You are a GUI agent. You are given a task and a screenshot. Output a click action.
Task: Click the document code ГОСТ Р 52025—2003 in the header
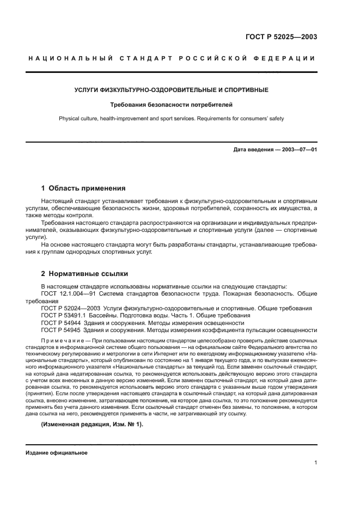[x=282, y=37]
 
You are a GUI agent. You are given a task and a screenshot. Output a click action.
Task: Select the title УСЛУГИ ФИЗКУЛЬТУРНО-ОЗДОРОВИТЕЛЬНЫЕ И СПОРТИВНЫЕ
[x=171, y=89]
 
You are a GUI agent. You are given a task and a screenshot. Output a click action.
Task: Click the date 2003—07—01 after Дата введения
[x=298, y=149]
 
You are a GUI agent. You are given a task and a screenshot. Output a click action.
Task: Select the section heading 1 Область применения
[x=83, y=188]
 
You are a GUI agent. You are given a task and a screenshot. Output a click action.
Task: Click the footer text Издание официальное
[x=56, y=452]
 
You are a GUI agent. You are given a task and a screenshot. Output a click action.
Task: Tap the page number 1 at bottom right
[x=315, y=463]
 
